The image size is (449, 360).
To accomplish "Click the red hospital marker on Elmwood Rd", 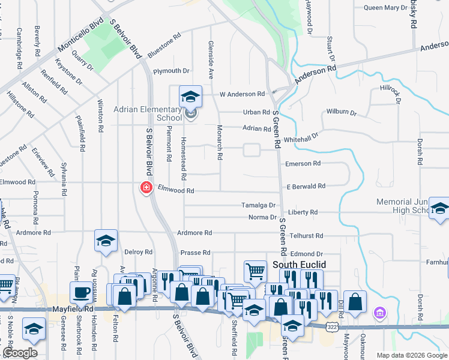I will coord(145,188).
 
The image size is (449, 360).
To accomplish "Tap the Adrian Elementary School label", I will coord(148,113).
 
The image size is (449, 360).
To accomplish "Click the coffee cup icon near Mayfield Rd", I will coord(80,292).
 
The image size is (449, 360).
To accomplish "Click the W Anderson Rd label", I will coord(242,94).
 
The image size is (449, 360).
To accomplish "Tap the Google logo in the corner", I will coord(20,353).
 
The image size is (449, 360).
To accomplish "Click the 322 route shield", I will coord(333,325).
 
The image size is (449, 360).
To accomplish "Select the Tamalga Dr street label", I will coord(258,205).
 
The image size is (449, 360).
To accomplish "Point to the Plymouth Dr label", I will coord(171,71).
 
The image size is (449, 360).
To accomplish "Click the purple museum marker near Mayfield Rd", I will coord(379,313).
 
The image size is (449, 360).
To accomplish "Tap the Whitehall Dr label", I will coord(301,138).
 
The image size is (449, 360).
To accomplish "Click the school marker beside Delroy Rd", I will coord(106,241).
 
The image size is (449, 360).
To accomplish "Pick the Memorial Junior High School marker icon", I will coord(439,209).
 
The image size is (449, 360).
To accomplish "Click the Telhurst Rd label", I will coord(306,236).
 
